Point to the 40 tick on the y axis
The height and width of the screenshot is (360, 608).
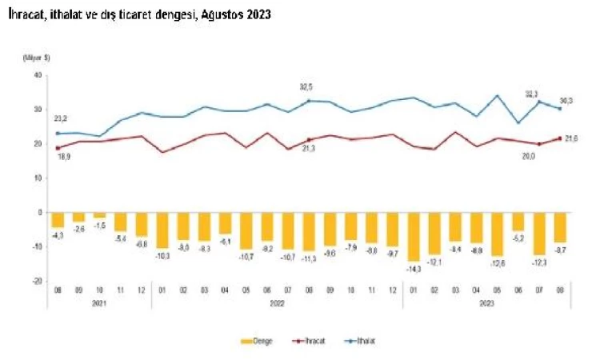click(x=38, y=75)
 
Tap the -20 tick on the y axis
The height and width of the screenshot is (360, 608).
click(x=36, y=282)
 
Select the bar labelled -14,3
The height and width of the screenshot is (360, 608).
click(x=414, y=237)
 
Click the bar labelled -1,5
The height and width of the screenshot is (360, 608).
click(x=99, y=215)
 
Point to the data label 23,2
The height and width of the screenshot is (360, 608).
click(x=58, y=119)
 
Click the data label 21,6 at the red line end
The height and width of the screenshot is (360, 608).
click(x=572, y=139)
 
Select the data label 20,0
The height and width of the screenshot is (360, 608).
click(x=528, y=157)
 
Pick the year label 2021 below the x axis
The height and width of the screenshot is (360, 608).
click(x=99, y=303)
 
